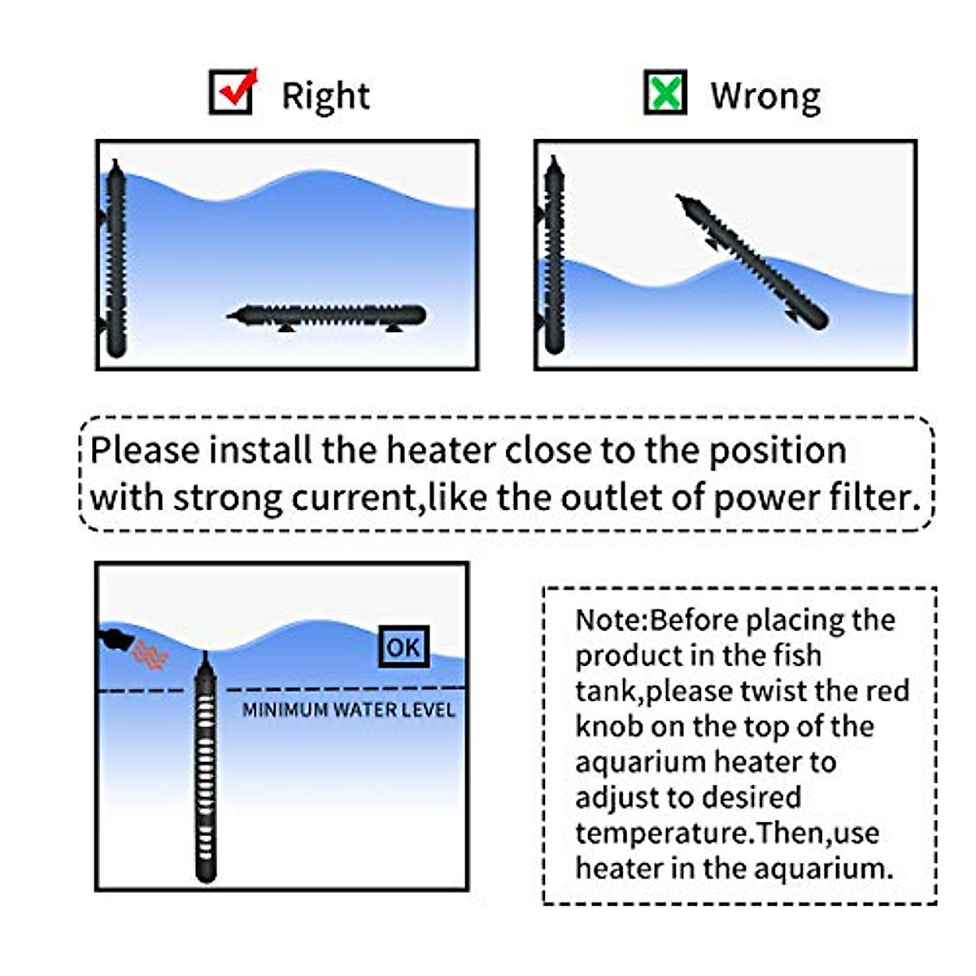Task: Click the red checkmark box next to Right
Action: (x=233, y=92)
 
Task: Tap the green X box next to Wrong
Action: (x=665, y=92)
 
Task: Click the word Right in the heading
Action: (x=325, y=97)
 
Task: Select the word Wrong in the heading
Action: (x=765, y=96)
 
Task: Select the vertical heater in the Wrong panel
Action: (x=555, y=255)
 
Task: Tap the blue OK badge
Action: (x=403, y=647)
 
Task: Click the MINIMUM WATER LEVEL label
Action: (x=349, y=710)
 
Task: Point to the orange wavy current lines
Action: (x=151, y=654)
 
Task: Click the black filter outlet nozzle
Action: (x=115, y=638)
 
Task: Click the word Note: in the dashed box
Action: (x=612, y=621)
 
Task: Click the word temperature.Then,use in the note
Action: (x=726, y=833)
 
